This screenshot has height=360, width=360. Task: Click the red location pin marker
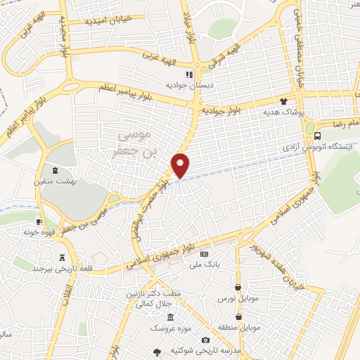tap(181, 165)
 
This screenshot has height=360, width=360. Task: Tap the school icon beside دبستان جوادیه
tap(189, 74)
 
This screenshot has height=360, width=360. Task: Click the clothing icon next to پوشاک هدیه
tap(285, 101)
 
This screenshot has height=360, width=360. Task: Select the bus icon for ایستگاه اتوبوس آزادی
tap(318, 136)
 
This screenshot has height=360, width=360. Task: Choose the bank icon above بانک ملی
tap(205, 254)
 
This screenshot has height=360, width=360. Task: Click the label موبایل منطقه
tap(240, 328)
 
